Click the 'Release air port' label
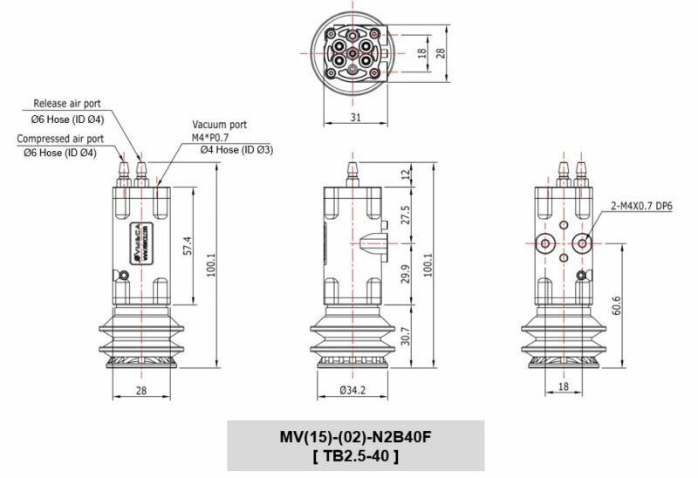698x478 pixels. [x=73, y=103]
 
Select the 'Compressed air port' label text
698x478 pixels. [x=62, y=138]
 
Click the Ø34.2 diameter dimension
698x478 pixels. [x=352, y=388]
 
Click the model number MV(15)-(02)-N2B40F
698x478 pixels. [x=354, y=438]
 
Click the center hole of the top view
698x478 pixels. [x=352, y=54]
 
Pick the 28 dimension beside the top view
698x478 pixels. [x=441, y=52]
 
